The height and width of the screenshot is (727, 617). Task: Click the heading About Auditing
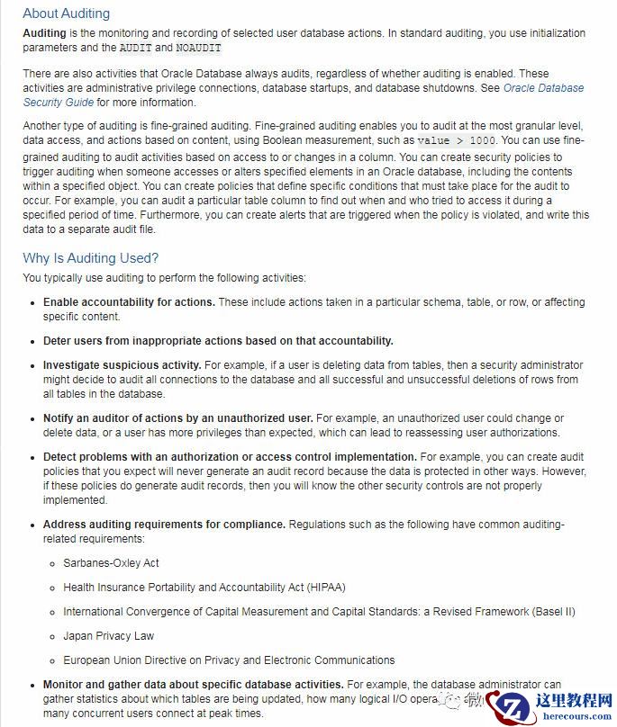tap(66, 13)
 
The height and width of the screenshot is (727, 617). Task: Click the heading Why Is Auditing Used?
tap(90, 258)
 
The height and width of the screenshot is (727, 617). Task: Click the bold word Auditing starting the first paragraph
tap(44, 33)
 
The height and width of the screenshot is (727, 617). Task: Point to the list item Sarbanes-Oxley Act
tap(111, 563)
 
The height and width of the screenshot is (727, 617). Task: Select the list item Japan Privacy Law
tap(108, 636)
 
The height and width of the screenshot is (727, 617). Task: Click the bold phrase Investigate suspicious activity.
tap(122, 365)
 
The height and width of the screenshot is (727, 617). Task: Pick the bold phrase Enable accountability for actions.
tap(129, 302)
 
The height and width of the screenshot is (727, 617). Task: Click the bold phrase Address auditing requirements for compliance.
tap(164, 525)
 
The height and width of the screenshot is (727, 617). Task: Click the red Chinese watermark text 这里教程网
tap(574, 701)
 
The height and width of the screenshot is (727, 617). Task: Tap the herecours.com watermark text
tap(574, 718)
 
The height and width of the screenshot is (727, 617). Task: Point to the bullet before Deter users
tap(33, 342)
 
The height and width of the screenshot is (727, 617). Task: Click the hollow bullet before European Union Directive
tap(53, 660)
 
